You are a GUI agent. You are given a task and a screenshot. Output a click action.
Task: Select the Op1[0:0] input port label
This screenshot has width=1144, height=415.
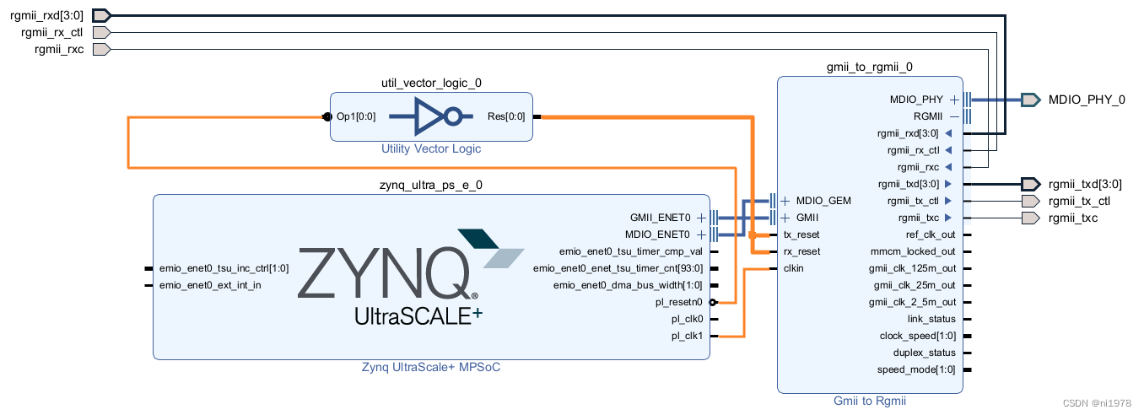[356, 116]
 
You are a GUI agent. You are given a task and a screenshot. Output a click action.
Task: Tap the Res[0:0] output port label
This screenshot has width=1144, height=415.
[506, 116]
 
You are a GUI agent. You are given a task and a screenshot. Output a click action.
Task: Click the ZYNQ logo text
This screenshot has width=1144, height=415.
[384, 272]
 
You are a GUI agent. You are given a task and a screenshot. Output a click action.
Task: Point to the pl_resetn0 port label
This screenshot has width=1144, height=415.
[679, 302]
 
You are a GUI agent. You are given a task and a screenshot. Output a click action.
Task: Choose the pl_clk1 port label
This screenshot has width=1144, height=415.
[687, 336]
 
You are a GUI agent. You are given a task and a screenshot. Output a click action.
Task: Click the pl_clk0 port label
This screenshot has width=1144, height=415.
[687, 319]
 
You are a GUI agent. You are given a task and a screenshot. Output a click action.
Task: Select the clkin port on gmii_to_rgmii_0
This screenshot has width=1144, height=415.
[793, 268]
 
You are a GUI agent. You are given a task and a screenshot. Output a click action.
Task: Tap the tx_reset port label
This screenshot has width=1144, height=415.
[801, 234]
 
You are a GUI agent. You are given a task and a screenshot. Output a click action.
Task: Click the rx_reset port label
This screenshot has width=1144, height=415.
[801, 251]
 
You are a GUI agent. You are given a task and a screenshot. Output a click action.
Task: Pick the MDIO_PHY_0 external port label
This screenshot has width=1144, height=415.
[1087, 100]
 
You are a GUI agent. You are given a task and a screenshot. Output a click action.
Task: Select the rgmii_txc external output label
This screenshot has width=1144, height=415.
[1073, 218]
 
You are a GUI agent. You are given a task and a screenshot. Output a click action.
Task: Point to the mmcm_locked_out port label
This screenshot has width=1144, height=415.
[913, 251]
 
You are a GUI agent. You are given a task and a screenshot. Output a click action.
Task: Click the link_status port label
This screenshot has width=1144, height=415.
[931, 319]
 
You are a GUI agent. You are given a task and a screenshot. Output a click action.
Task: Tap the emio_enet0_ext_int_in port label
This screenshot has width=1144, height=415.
[210, 285]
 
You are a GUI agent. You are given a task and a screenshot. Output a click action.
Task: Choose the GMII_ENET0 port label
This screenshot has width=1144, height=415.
[660, 218]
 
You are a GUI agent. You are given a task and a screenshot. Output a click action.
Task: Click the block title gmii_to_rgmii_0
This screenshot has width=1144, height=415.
[870, 66]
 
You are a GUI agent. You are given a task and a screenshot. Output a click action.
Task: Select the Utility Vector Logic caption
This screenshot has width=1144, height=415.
[431, 148]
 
